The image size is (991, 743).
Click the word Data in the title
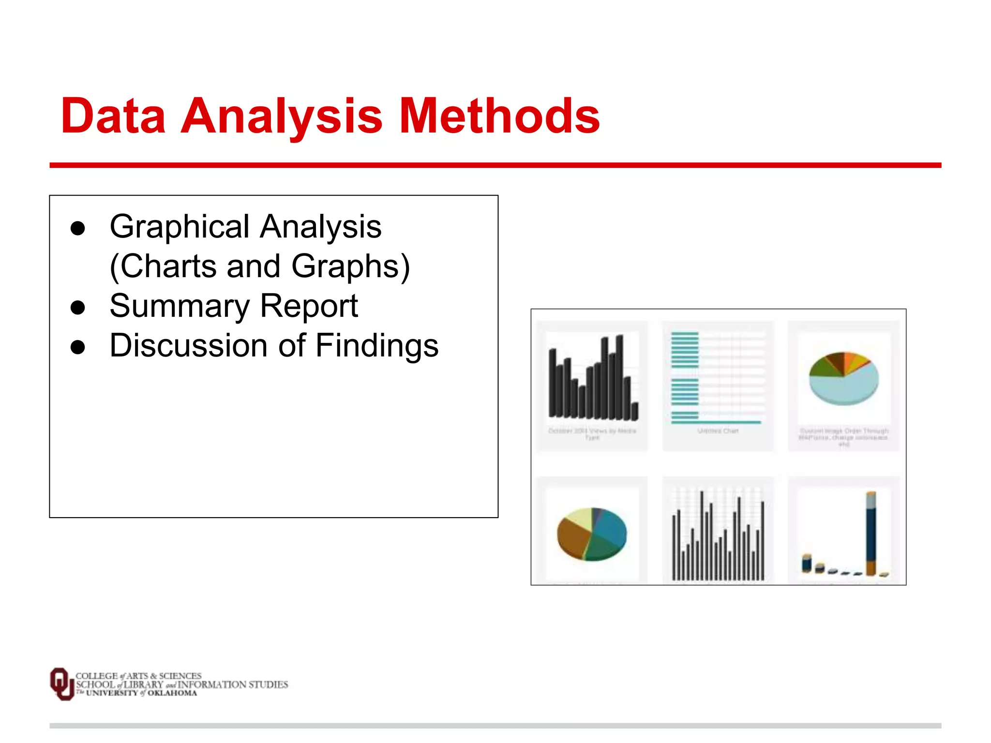pos(113,116)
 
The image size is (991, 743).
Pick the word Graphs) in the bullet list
pos(351,266)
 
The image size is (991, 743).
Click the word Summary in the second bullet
pos(180,306)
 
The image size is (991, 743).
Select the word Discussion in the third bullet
pos(188,345)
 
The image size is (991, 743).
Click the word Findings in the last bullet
pos(377,345)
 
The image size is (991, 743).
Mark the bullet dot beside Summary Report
pos(77,307)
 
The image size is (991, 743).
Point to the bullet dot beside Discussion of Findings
pos(77,347)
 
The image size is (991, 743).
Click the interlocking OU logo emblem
pos(62,684)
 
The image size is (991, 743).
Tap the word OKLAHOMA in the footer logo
pos(172,693)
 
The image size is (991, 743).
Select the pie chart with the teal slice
pos(592,534)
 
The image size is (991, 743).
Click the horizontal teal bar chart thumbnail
pos(718,377)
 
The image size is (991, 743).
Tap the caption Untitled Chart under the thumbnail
pos(718,431)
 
